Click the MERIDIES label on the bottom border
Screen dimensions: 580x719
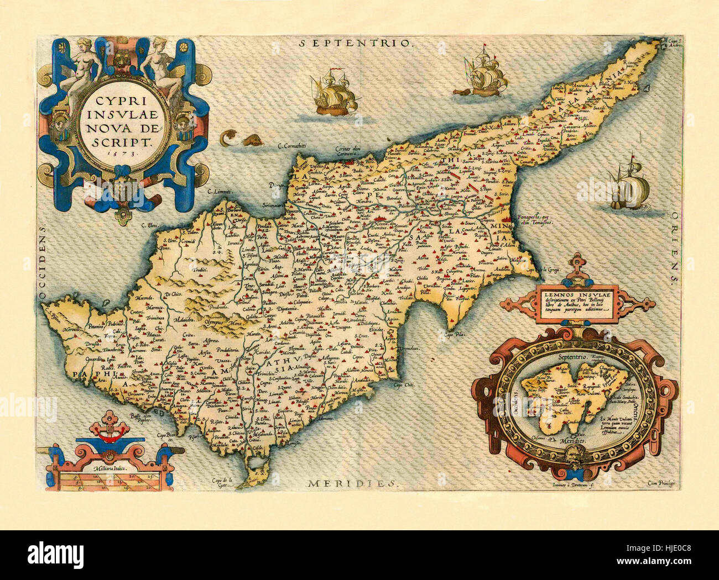352,483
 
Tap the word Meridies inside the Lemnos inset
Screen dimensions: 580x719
574,443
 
